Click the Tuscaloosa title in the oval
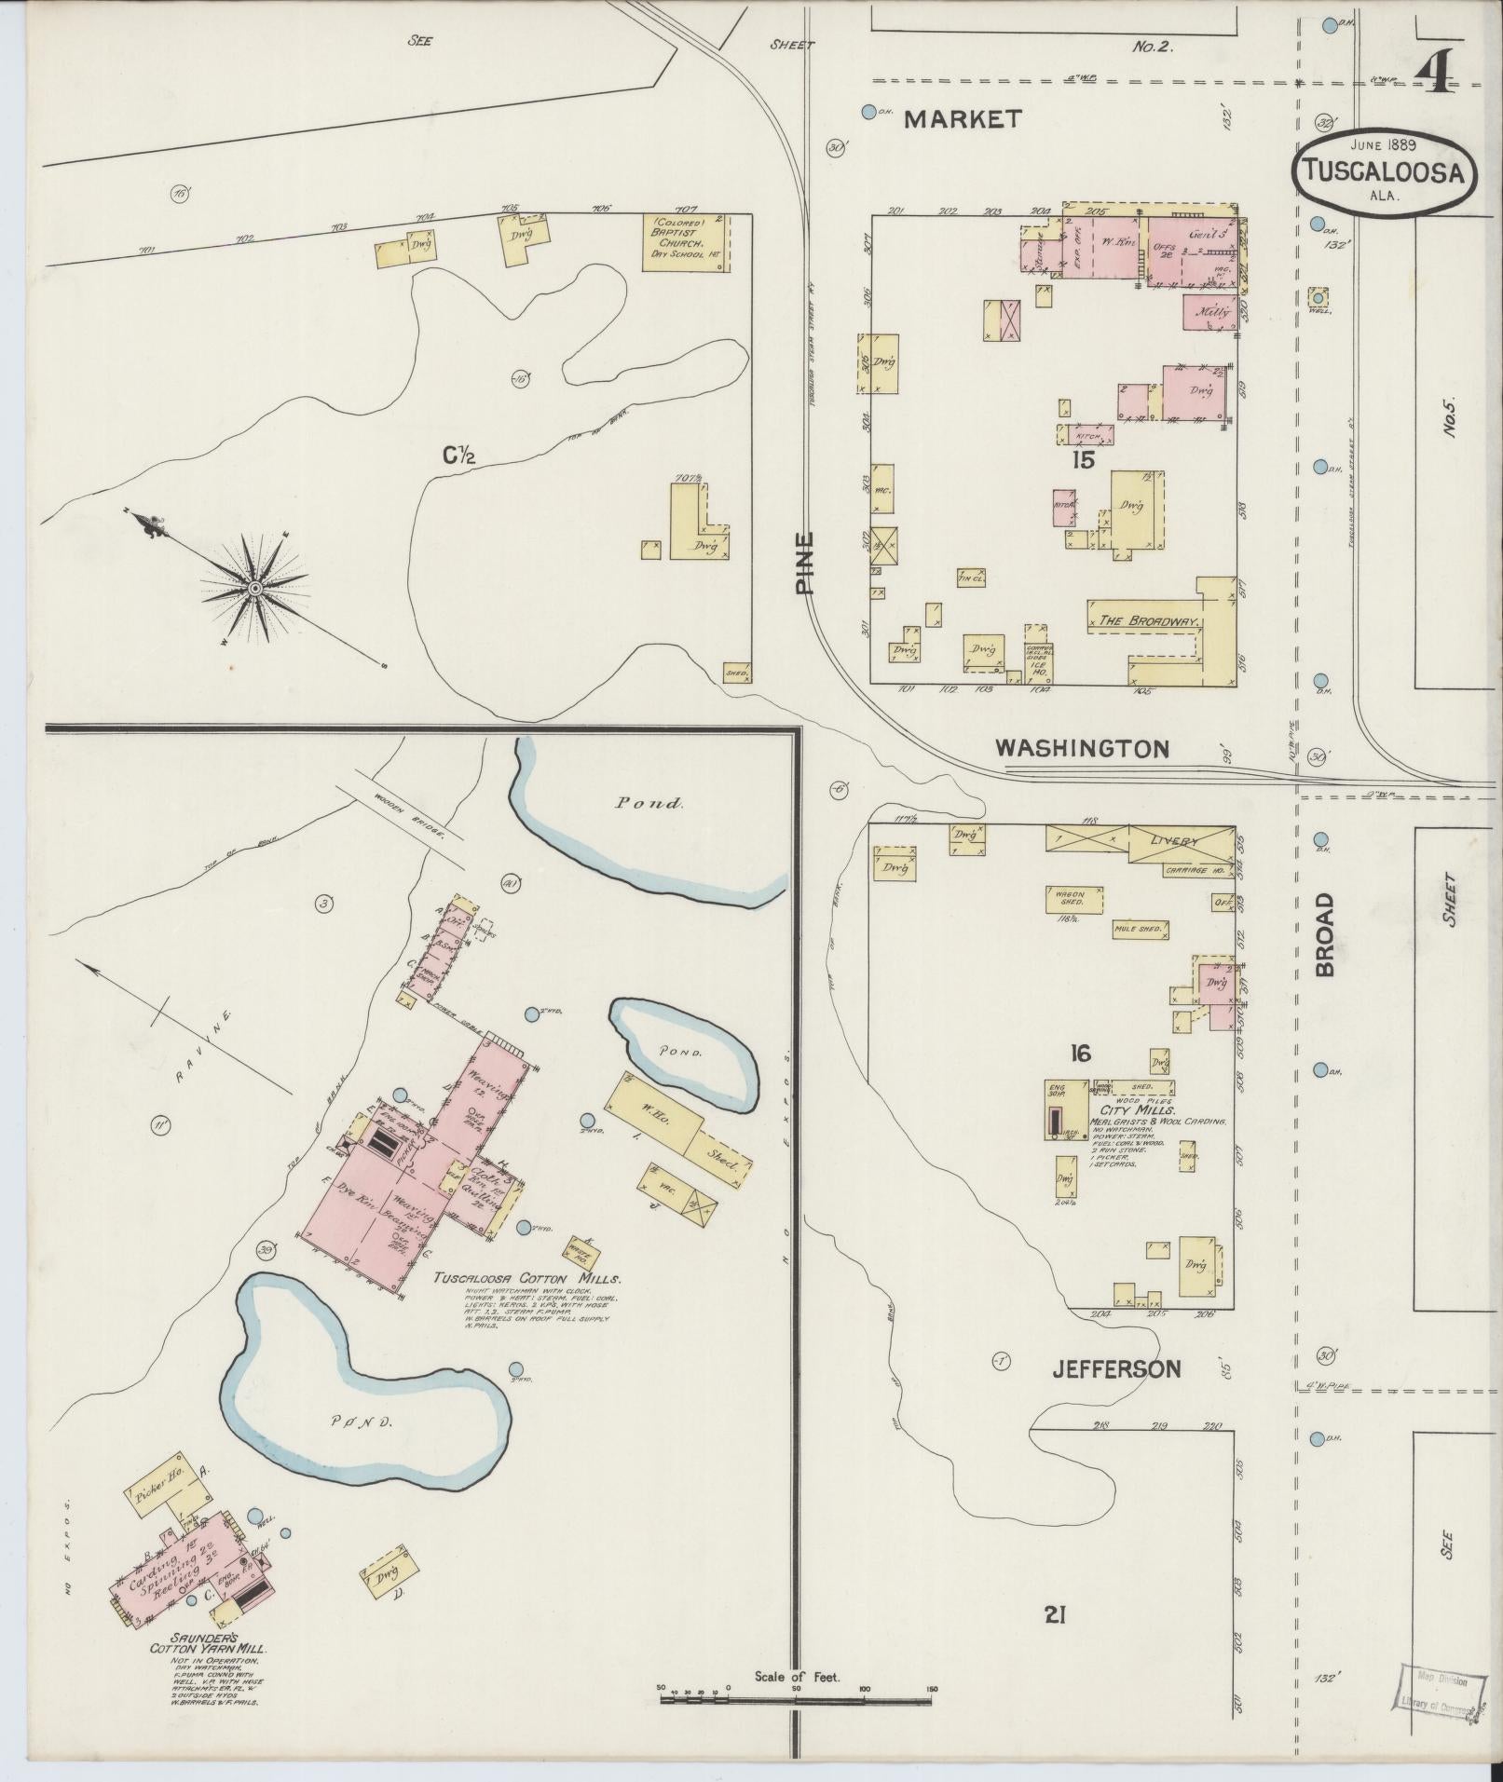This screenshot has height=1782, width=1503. [1382, 173]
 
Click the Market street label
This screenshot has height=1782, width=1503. [963, 119]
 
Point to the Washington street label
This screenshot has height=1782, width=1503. [1081, 748]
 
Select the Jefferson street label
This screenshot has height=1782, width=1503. [1116, 1368]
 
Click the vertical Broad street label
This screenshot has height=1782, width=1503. [1324, 934]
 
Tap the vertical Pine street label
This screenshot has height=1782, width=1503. [805, 563]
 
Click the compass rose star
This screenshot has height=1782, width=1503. [253, 589]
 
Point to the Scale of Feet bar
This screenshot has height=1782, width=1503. [797, 1699]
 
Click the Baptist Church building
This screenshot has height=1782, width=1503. [684, 241]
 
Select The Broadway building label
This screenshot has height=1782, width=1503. [1147, 620]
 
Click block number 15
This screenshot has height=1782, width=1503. [1082, 460]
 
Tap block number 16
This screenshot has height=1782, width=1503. [1080, 1054]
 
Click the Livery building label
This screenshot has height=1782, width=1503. [1173, 841]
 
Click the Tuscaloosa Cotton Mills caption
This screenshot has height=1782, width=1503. [526, 1279]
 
